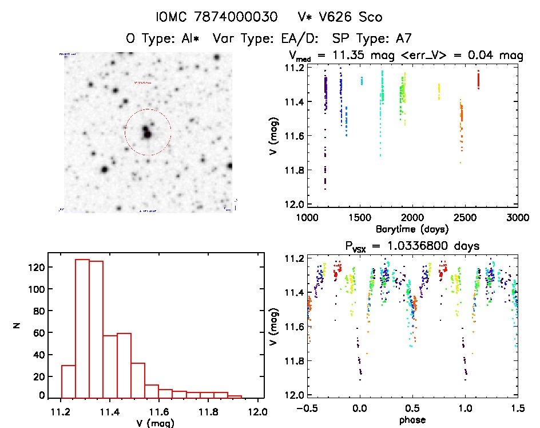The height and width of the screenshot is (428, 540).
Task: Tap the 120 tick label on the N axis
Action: coord(38,267)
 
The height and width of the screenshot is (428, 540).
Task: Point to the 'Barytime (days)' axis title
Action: coord(412,229)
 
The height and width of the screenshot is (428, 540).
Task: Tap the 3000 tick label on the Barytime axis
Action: coord(517,218)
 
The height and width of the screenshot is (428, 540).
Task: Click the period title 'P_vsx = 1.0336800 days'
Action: coord(411,246)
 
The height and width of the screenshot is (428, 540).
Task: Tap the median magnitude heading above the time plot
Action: coord(406,56)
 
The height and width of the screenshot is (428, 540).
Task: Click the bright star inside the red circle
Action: coord(148,134)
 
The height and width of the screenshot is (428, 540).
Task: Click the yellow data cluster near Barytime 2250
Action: coord(439,91)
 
